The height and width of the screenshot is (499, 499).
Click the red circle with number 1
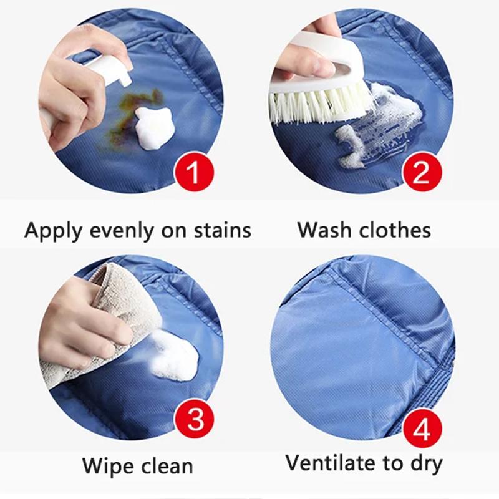point(193,171)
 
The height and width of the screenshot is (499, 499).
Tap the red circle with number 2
point(422,171)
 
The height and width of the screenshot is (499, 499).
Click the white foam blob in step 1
point(153,128)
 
